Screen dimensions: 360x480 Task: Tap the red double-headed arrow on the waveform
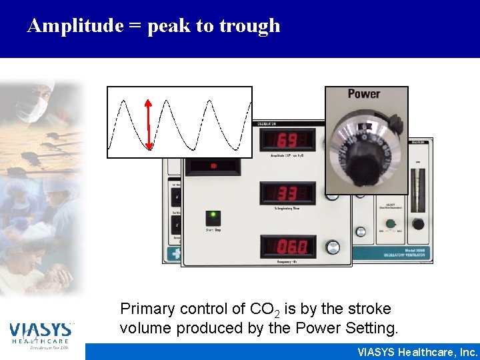point(148,123)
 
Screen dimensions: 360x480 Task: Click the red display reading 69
point(287,141)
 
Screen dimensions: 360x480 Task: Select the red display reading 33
point(287,194)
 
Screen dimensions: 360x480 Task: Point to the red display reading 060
point(288,247)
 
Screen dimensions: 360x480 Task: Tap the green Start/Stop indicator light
point(213,216)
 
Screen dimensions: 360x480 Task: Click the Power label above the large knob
point(364,95)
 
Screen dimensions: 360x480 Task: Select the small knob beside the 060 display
point(332,247)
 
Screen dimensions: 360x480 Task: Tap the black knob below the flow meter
point(418,224)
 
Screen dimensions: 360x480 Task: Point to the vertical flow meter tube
point(418,187)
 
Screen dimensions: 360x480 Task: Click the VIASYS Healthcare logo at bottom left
point(41,334)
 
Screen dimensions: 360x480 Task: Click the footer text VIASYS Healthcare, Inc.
point(417,351)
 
